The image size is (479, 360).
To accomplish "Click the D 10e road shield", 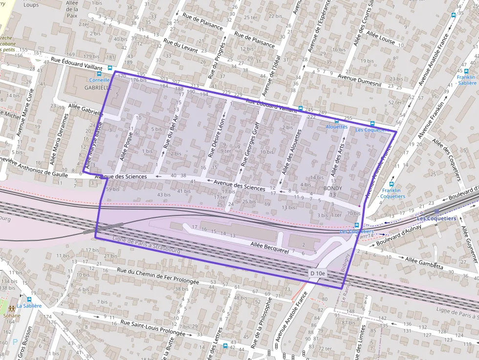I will (318, 274).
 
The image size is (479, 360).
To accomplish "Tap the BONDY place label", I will (333, 188).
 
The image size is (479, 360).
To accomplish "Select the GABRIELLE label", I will (98, 87).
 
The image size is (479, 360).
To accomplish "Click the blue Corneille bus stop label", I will (99, 80).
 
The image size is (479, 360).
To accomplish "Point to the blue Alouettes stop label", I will (337, 127).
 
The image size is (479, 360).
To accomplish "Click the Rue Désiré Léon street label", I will (216, 138).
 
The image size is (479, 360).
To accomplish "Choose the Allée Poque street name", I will (127, 146).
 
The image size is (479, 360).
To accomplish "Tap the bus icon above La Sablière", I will (29, 299).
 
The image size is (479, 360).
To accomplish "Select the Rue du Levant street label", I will (180, 46).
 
